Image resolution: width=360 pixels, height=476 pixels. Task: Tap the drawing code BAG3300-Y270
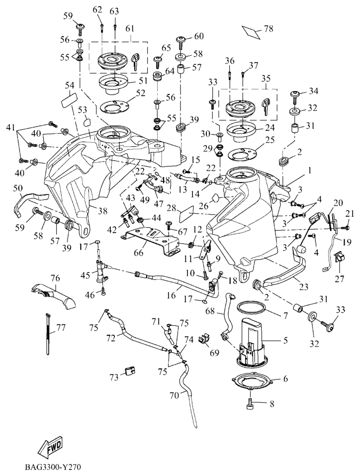coord(52,468)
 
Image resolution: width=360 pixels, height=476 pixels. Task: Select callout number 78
coord(269,29)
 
